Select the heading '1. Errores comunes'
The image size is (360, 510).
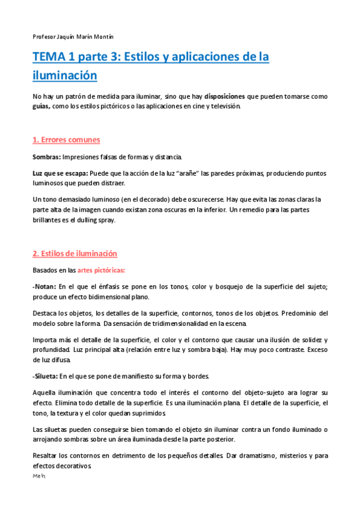point(66,140)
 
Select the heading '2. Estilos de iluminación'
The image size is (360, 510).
point(75,254)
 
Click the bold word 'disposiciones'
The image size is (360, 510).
point(225,96)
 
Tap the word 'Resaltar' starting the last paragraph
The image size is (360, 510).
point(46,456)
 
